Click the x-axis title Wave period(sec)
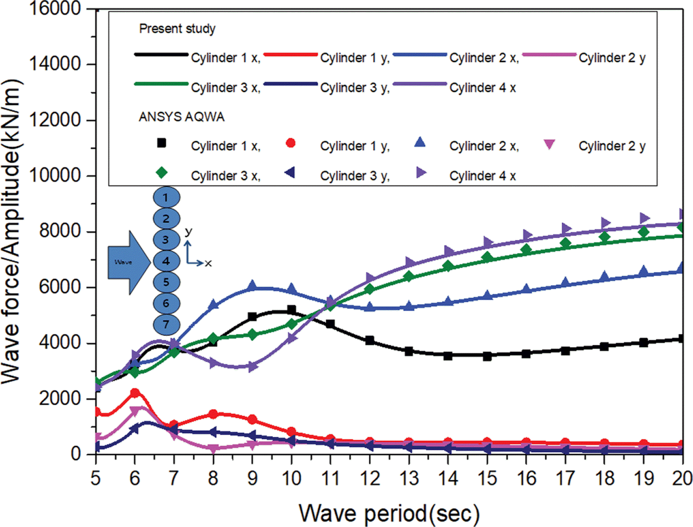pyautogui.click(x=389, y=513)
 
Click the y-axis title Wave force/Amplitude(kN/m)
pyautogui.click(x=12, y=232)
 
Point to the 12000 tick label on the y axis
pyautogui.click(x=55, y=120)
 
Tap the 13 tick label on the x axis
pyautogui.click(x=409, y=478)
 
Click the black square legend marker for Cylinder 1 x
pyautogui.click(x=161, y=143)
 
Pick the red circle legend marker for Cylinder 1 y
pyautogui.click(x=290, y=143)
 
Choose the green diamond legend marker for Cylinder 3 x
pyautogui.click(x=161, y=173)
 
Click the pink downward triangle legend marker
pyautogui.click(x=549, y=144)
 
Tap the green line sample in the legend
pyautogui.click(x=161, y=83)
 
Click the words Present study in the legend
pyautogui.click(x=177, y=29)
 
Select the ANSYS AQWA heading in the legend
pyautogui.click(x=181, y=117)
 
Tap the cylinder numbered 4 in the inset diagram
pyautogui.click(x=166, y=261)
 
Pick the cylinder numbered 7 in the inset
pyautogui.click(x=166, y=325)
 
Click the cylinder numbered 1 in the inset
pyautogui.click(x=166, y=198)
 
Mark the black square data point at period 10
pyautogui.click(x=292, y=310)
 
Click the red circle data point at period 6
pyautogui.click(x=135, y=393)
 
